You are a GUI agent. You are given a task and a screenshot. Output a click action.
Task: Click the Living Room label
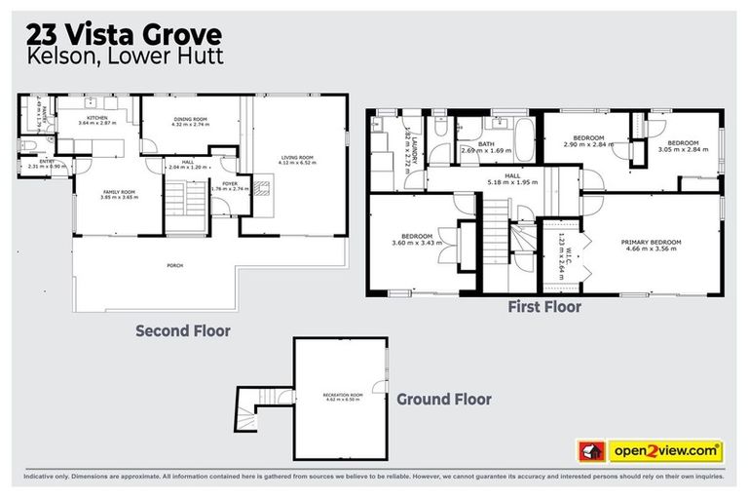tap(293, 157)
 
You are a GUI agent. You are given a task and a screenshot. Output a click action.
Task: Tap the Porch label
tap(175, 265)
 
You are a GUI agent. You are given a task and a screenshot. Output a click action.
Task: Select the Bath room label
tap(484, 145)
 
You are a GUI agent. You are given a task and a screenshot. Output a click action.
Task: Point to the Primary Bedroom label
tap(652, 241)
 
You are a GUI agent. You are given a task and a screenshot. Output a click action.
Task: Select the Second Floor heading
tap(183, 330)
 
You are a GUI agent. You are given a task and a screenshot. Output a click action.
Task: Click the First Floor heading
tap(544, 307)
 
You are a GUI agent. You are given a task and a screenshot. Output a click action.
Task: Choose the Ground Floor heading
tap(444, 399)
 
